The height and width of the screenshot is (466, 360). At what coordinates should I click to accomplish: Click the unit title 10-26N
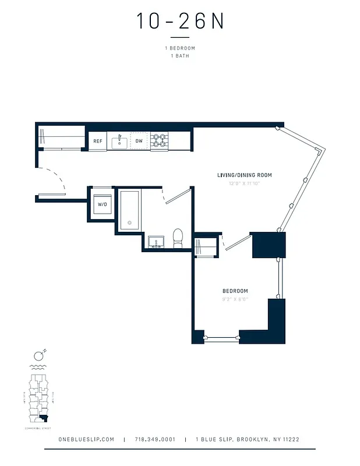click(x=180, y=22)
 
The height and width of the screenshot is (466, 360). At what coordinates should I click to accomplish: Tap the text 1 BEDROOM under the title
click(x=180, y=48)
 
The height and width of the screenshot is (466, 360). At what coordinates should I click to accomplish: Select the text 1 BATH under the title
click(x=180, y=56)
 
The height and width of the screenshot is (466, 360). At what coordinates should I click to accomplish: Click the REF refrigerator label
click(x=97, y=142)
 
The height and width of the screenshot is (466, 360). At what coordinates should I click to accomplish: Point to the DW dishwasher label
click(x=139, y=142)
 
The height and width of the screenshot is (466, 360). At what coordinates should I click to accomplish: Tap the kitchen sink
click(x=119, y=142)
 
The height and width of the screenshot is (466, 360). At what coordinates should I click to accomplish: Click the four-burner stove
click(x=159, y=141)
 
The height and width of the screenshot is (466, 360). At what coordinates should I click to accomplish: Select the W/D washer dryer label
click(x=103, y=204)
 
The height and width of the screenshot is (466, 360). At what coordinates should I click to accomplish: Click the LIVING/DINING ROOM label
click(x=244, y=175)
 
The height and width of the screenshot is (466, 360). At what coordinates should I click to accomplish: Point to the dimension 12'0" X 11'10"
click(x=244, y=183)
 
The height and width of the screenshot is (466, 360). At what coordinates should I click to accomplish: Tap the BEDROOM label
click(x=235, y=291)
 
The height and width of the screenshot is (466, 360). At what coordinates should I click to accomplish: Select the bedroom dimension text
click(x=235, y=299)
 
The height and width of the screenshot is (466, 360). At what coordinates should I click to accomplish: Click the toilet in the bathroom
click(x=178, y=238)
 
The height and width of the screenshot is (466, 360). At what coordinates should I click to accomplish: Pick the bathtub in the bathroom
click(x=129, y=209)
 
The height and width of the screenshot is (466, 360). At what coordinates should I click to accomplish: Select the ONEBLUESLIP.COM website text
click(x=87, y=439)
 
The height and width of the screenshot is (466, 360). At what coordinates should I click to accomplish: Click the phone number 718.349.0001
click(x=154, y=439)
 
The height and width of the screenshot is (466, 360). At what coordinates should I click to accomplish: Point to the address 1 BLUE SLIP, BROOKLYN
click(x=248, y=439)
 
